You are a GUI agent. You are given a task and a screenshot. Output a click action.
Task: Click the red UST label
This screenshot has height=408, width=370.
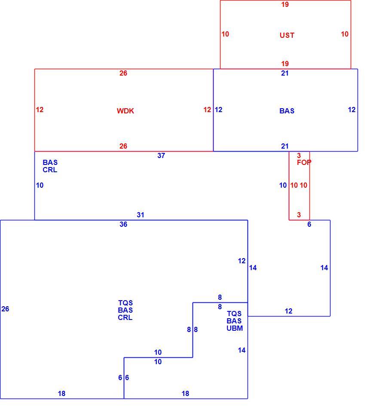[x=287, y=35]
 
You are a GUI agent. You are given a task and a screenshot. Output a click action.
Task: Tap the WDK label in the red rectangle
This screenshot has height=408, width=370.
[x=125, y=111]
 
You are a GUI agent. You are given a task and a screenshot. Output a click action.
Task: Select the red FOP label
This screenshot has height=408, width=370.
[x=304, y=162]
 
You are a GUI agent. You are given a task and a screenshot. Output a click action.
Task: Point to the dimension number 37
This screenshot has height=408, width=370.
[x=161, y=155]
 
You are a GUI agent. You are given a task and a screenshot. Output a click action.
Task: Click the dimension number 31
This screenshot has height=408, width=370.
[x=141, y=215]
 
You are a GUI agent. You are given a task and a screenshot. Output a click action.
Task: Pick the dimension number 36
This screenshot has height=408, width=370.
[x=123, y=224]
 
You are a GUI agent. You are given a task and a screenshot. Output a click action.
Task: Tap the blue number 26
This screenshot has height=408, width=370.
[x=5, y=309]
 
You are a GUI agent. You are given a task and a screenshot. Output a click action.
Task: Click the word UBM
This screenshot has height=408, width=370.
[x=235, y=329]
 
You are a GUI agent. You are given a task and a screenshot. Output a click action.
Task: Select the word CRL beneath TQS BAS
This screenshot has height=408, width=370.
[x=125, y=317]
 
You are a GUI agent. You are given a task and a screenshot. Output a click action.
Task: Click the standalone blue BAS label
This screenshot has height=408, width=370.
[x=287, y=111]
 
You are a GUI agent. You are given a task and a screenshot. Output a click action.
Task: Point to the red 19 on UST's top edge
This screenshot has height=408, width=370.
[x=285, y=4]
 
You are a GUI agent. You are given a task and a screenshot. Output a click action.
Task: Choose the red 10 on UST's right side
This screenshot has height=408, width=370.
[x=345, y=34]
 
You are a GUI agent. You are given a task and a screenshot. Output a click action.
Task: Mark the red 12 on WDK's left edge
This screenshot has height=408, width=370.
[x=40, y=110]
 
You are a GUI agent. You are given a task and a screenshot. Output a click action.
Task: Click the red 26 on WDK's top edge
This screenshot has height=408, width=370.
[x=123, y=73]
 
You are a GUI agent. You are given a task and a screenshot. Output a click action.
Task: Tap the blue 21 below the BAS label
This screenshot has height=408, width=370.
[x=285, y=146]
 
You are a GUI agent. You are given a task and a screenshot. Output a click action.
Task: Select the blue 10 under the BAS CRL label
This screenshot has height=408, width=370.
[x=40, y=185]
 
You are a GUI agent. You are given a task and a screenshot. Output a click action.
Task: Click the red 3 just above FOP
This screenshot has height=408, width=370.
[x=299, y=155]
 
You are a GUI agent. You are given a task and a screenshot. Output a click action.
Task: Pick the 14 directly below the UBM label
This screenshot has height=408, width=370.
[x=242, y=350]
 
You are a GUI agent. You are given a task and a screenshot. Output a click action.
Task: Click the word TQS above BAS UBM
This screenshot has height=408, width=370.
[x=234, y=314]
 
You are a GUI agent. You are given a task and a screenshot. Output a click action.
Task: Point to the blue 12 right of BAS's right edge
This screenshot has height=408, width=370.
[x=352, y=110]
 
